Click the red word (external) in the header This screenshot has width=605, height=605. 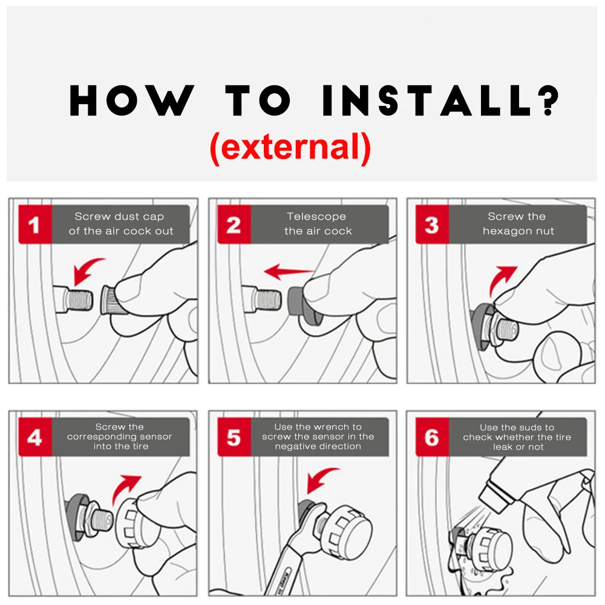point(290,148)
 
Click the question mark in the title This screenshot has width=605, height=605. point(548,100)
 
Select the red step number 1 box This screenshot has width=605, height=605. point(35,224)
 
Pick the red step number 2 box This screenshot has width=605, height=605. point(234,224)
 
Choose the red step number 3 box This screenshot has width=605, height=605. point(432,224)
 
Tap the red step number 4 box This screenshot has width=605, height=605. point(35,437)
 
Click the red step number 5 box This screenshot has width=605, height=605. point(234,437)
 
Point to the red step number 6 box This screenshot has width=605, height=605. point(432,437)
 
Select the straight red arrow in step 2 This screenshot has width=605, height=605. point(289,272)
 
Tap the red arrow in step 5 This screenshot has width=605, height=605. point(319,479)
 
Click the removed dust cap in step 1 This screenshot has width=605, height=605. point(109,300)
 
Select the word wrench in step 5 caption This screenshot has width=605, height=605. point(335,427)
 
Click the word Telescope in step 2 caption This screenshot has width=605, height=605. point(316,217)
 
